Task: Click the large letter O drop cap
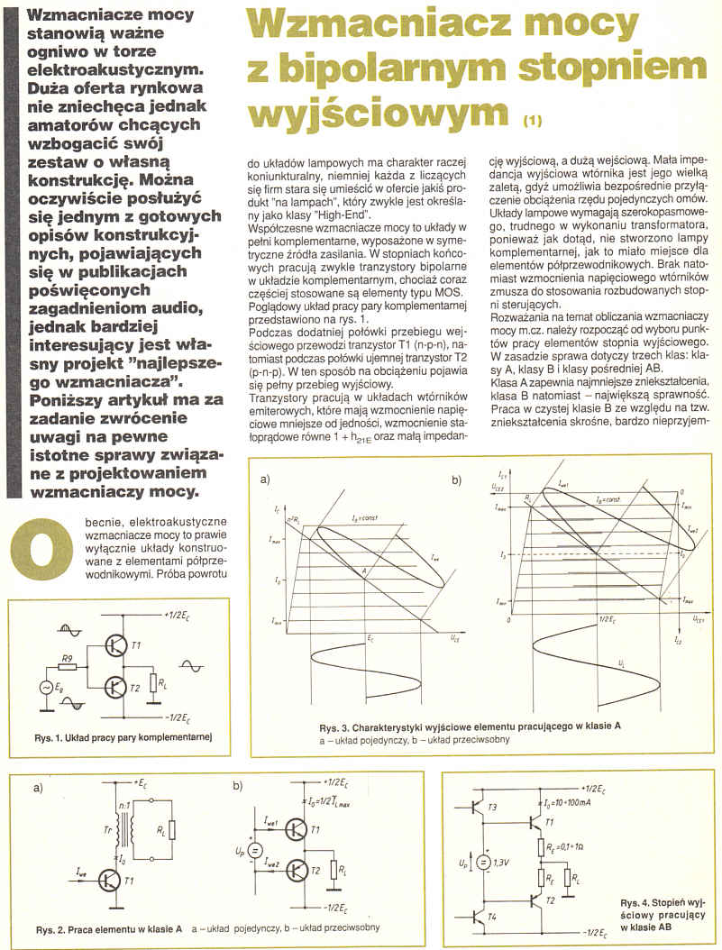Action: (36, 548)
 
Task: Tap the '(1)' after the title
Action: (534, 118)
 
